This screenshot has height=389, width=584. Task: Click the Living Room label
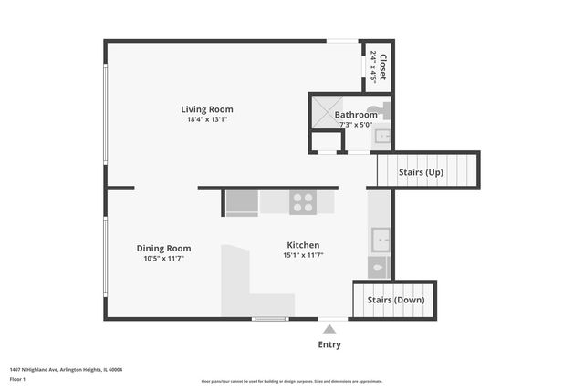(207, 109)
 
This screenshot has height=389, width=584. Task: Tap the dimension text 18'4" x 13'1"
(207, 119)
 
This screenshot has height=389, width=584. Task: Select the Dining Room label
(163, 248)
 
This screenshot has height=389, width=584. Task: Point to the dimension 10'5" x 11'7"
(163, 259)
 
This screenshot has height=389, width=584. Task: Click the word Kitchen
(303, 245)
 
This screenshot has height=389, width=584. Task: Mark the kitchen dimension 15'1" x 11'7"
(303, 256)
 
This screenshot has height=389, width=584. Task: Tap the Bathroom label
(356, 115)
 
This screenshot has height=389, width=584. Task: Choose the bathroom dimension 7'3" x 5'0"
(356, 125)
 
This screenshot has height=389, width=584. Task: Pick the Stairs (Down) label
(395, 300)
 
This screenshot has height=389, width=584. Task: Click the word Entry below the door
(329, 344)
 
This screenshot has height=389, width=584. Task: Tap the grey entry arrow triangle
(329, 328)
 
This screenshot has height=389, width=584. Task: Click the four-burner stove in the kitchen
(303, 202)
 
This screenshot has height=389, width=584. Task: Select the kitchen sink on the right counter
(380, 241)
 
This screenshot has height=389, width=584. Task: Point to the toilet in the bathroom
(384, 111)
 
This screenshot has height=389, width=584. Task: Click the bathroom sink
(383, 138)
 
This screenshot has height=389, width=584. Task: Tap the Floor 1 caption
(17, 377)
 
